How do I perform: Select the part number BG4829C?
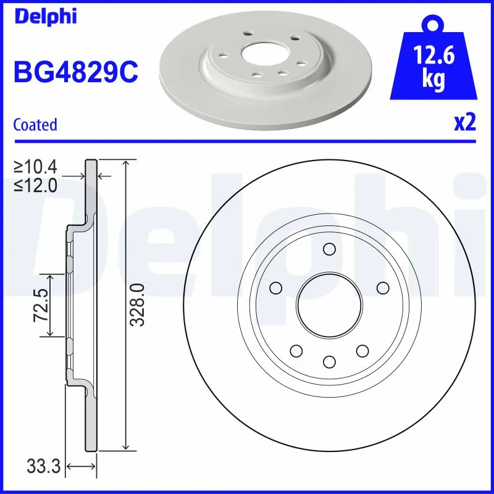[75, 73]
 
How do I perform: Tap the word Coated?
[35, 125]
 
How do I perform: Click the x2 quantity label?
[465, 123]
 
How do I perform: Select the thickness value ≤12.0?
[36, 184]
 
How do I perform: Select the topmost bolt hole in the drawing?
[329, 249]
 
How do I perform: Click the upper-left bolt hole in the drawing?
[276, 287]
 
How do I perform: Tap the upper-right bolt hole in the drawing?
[382, 287]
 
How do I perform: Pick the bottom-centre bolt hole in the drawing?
[329, 361]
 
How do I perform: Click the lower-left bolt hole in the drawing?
[296, 350]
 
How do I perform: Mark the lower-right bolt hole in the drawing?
[361, 350]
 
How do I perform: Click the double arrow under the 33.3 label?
[82, 466]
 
